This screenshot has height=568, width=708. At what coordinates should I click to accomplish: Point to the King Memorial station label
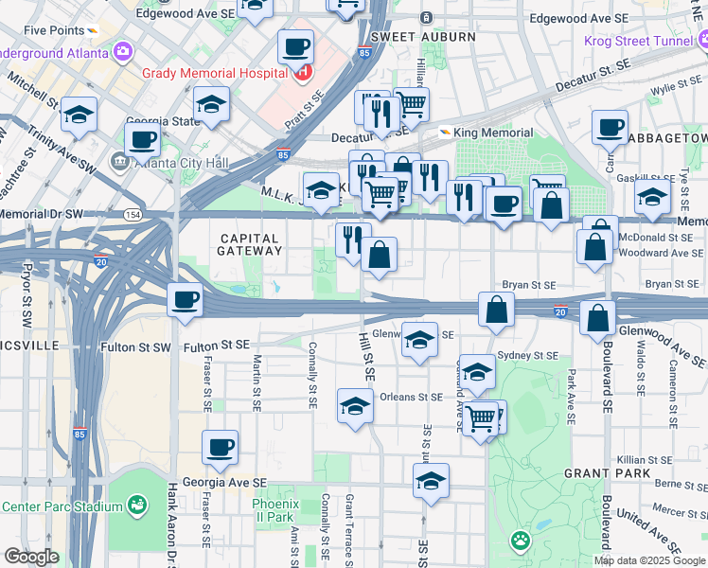[493, 133]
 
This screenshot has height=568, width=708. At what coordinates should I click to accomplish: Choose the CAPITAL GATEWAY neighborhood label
[251, 245]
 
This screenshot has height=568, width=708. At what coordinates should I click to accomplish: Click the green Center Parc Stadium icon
[137, 506]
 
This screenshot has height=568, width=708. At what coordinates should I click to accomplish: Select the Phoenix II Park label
[275, 510]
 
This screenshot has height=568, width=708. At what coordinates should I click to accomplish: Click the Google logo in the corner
[31, 557]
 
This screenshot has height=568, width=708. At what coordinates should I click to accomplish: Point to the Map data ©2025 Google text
[650, 560]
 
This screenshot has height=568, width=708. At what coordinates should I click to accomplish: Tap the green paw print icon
[520, 541]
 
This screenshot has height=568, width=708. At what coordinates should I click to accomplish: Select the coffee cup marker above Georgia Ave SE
[220, 447]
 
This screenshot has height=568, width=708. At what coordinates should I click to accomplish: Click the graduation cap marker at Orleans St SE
[355, 405]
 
